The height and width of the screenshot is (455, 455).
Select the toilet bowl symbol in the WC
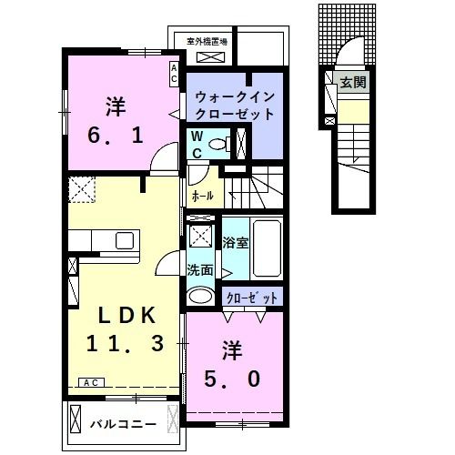point(217,144)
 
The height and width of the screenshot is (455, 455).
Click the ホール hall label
point(202,195)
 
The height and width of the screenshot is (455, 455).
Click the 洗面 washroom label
point(200,270)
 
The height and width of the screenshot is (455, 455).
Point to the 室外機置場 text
point(207,42)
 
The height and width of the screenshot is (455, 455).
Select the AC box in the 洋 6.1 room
point(174,74)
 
